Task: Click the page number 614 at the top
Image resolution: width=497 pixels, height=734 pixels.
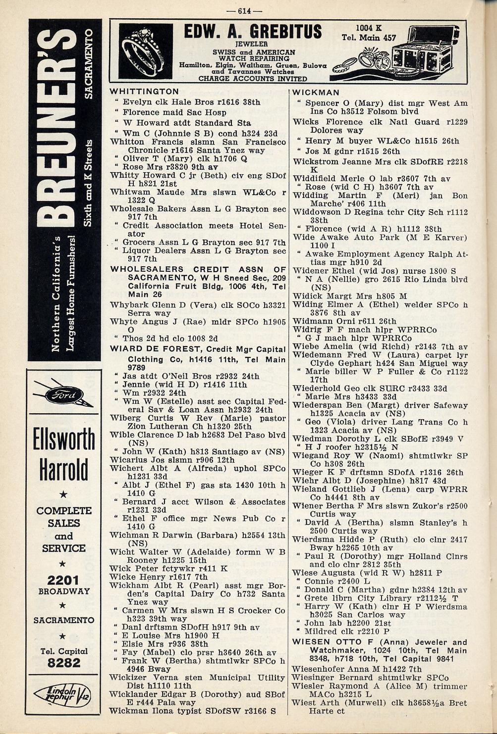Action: pyautogui.click(x=250, y=11)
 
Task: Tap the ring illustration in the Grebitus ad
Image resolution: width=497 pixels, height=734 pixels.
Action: pyautogui.click(x=146, y=51)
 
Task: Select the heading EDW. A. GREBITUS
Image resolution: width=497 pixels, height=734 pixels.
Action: pyautogui.click(x=253, y=33)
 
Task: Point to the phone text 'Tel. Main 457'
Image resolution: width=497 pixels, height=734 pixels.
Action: pyautogui.click(x=369, y=38)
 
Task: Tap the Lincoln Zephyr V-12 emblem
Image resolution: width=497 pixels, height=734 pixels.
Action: pyautogui.click(x=62, y=696)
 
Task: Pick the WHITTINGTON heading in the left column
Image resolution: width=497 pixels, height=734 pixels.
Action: pyautogui.click(x=144, y=92)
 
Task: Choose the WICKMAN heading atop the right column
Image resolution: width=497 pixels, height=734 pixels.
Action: pyautogui.click(x=316, y=93)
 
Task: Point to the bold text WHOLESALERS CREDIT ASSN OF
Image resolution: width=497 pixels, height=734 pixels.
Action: pyautogui.click(x=198, y=269)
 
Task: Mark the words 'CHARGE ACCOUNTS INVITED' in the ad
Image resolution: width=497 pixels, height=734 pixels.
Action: pyautogui.click(x=253, y=78)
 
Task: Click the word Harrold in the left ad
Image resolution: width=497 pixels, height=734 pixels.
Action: pyautogui.click(x=64, y=470)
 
